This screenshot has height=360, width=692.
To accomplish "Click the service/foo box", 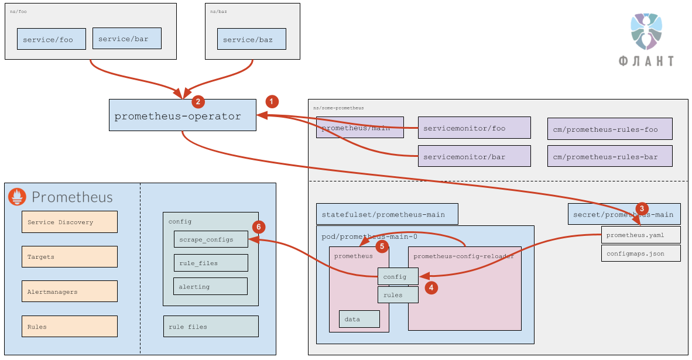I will click(x=52, y=39).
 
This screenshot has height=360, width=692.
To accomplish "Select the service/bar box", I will click(x=126, y=39).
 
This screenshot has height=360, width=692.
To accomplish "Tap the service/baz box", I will click(x=252, y=39).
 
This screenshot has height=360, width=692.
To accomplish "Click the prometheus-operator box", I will click(x=183, y=115).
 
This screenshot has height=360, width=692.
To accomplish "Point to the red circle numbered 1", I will click(x=272, y=101).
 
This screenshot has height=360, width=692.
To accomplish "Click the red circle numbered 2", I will click(x=198, y=101).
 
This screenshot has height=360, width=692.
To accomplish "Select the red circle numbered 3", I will click(x=642, y=208).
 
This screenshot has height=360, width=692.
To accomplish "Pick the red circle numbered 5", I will click(x=382, y=246).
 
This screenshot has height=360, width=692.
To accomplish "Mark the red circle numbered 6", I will click(x=259, y=227).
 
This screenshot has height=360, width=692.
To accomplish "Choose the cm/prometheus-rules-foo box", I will click(x=609, y=129).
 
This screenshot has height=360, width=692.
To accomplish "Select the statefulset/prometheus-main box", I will click(x=386, y=214).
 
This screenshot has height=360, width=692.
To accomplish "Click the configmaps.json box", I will click(x=640, y=253).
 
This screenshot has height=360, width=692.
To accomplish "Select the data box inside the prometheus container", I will click(x=359, y=319).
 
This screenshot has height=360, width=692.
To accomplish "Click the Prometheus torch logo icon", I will click(x=17, y=197).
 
